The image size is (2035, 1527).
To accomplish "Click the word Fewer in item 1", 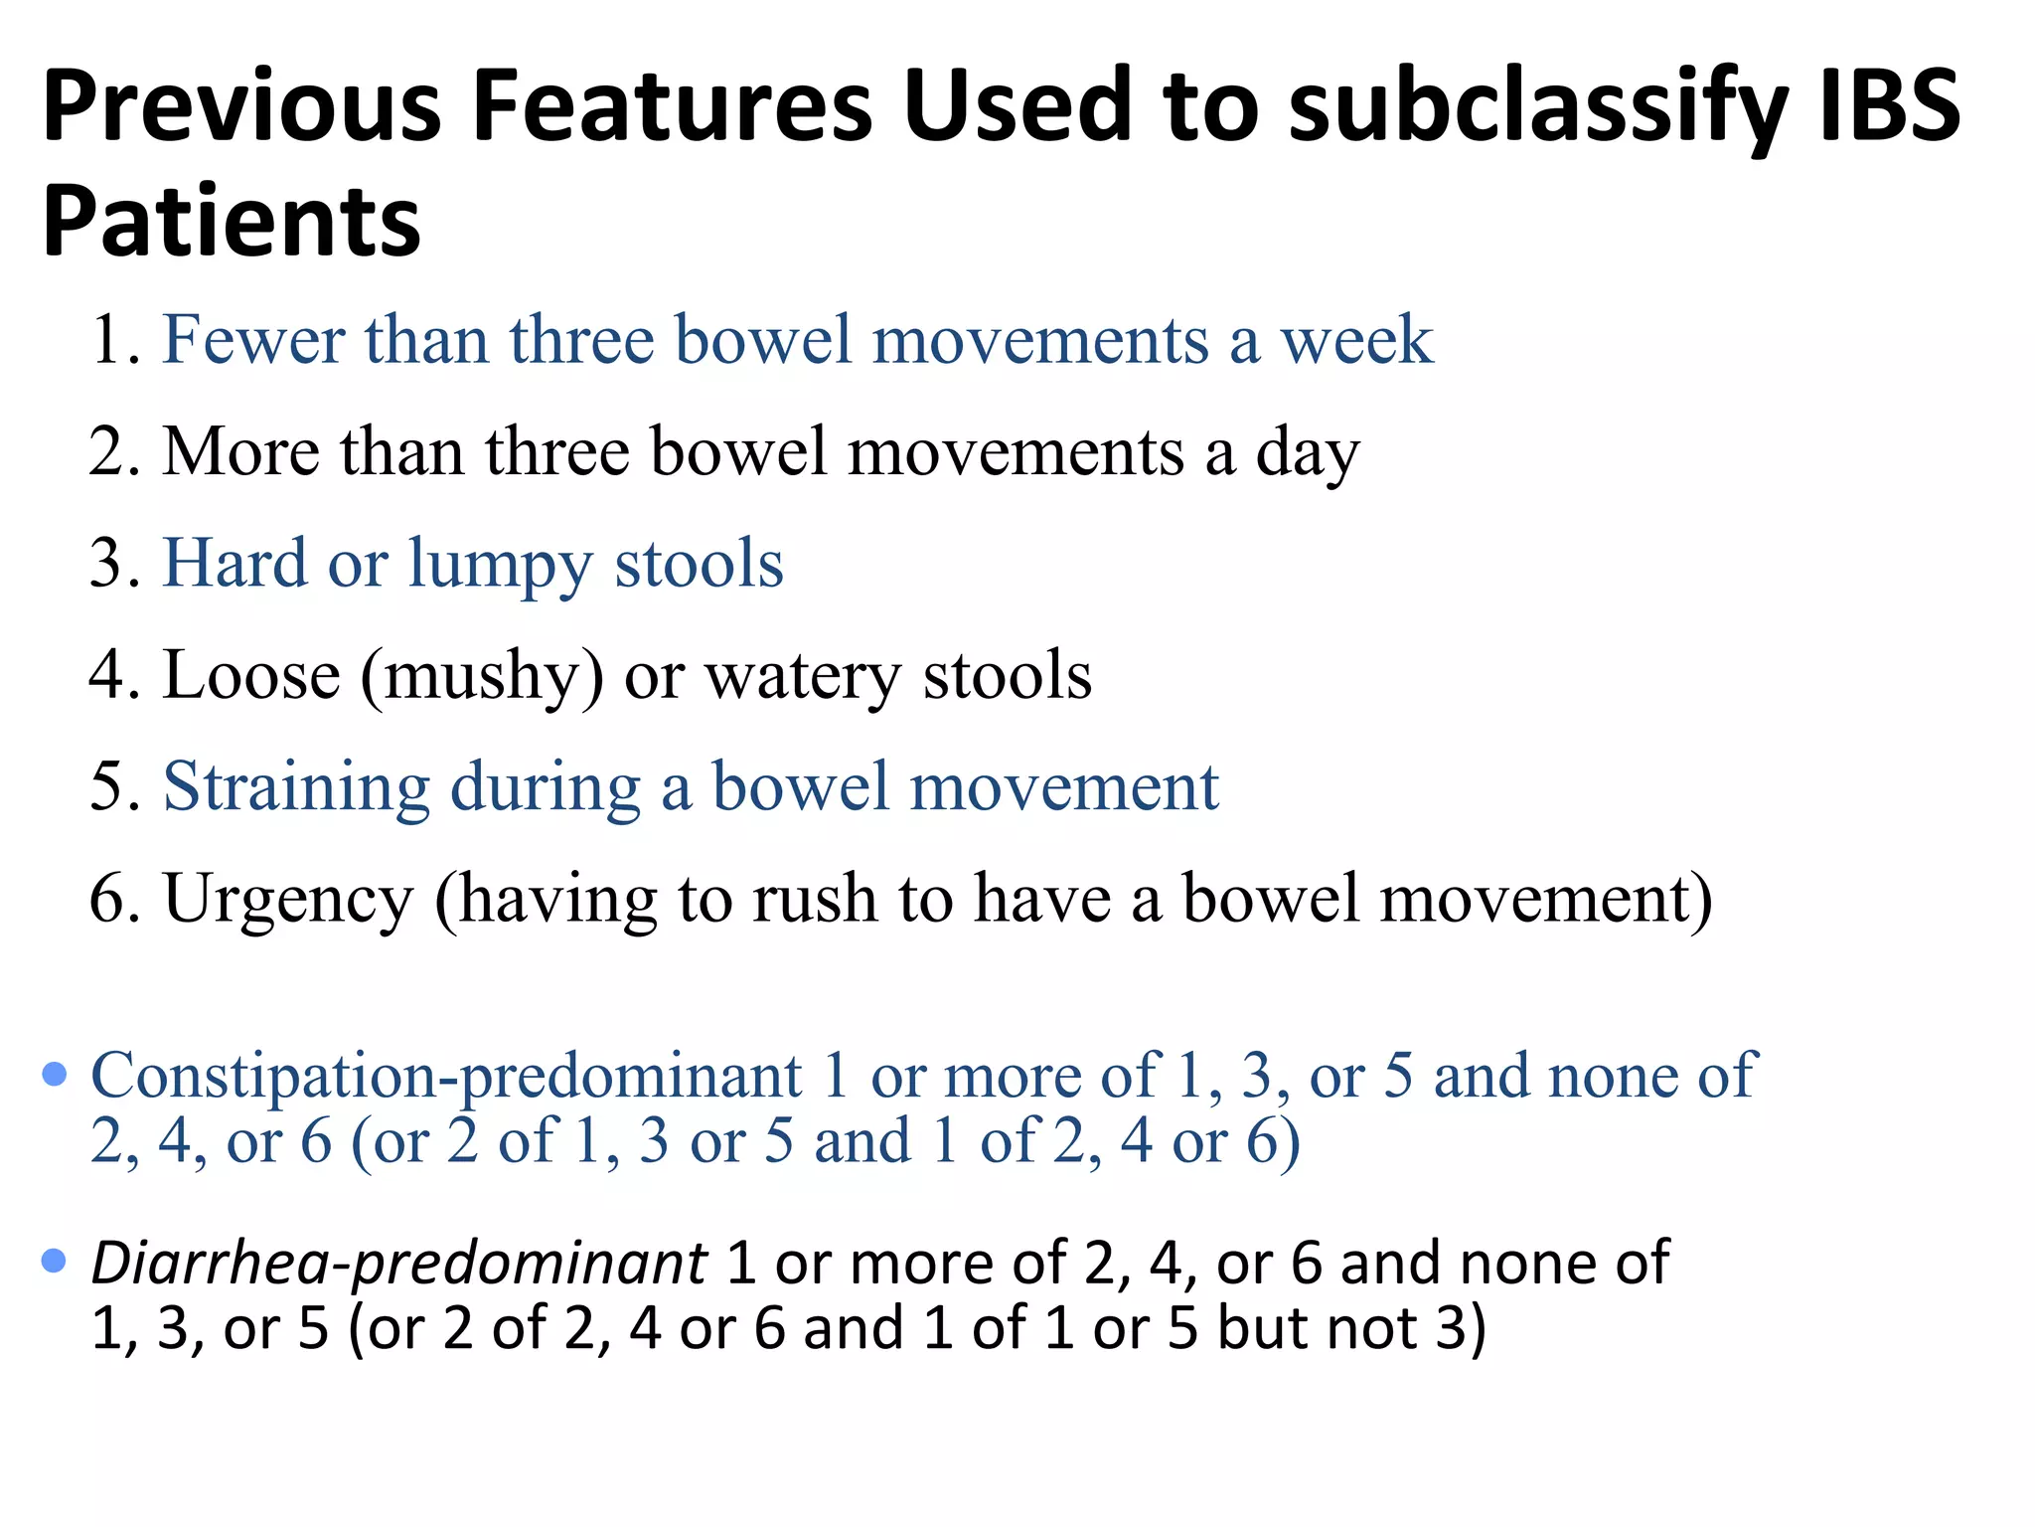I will click(253, 340).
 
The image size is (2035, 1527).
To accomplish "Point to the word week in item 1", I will click(1357, 340).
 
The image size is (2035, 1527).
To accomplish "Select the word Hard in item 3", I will click(235, 564).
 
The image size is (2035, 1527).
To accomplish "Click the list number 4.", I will click(112, 676).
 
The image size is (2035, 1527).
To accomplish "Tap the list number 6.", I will click(112, 899).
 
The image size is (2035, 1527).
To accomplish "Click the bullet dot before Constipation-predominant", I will click(55, 1075).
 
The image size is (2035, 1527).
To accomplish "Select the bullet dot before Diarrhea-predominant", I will click(55, 1262).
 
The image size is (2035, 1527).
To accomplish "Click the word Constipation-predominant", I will click(446, 1077).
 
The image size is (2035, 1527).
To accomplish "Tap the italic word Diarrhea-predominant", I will click(398, 1264).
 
